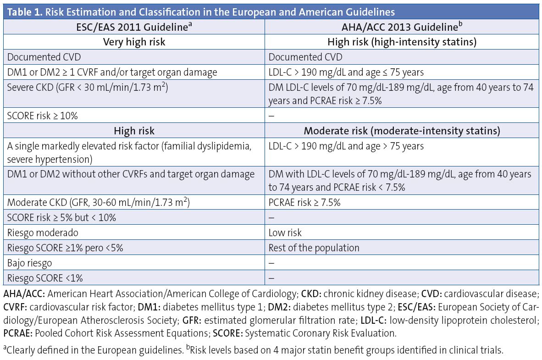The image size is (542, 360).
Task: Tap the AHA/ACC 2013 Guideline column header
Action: [x=402, y=27]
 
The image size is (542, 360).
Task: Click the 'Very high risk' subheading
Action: [x=134, y=42]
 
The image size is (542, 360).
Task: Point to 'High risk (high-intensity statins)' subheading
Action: [x=402, y=42]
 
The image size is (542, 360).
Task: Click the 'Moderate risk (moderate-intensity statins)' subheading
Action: [x=402, y=131]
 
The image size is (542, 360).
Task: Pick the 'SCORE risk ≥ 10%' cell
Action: [x=43, y=116]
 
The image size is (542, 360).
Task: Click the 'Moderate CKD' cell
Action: [x=99, y=203]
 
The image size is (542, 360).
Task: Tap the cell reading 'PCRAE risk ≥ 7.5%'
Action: [x=304, y=203]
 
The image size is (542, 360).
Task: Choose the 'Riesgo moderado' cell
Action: [x=43, y=233]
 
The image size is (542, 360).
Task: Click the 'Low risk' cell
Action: [x=285, y=233]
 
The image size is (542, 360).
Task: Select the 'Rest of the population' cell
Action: [x=314, y=248]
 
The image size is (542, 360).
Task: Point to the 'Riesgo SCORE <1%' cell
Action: [x=45, y=277]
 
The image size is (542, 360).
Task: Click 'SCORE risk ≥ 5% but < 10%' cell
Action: [x=61, y=218]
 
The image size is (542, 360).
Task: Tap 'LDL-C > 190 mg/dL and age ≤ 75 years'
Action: [x=346, y=72]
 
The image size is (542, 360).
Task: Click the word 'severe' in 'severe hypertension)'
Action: [x=20, y=159]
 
